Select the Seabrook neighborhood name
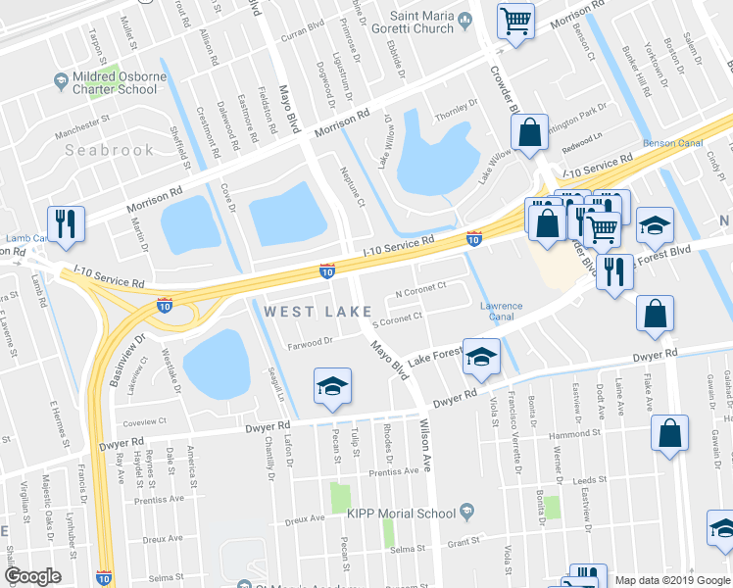[x=110, y=150]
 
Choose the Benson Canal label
[x=672, y=143]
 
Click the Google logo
[x=33, y=576]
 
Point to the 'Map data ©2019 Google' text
[x=672, y=579]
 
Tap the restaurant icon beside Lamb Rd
[x=67, y=223]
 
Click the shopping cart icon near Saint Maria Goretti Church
[x=516, y=21]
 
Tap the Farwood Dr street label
[x=311, y=342]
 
